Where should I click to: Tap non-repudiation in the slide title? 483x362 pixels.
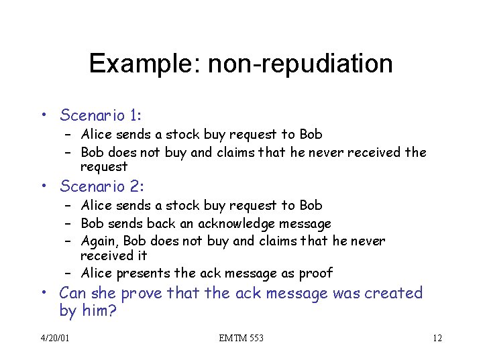click(300, 64)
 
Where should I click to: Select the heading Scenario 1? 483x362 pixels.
click(102, 115)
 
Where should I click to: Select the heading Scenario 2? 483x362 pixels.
click(102, 186)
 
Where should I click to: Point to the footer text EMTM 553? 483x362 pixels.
click(241, 338)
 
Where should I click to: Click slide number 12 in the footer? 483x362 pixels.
click(437, 338)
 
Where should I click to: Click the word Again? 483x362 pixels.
click(99, 241)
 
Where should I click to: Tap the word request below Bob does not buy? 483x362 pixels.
click(104, 166)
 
